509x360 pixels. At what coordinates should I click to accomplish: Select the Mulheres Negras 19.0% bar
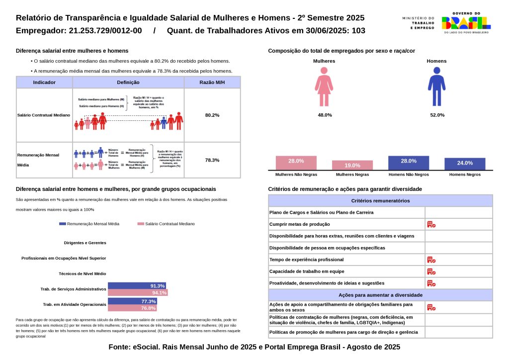[x=352, y=165]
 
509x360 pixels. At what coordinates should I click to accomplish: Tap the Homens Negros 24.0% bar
[x=465, y=164]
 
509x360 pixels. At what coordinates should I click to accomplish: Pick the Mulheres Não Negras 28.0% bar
[x=296, y=163]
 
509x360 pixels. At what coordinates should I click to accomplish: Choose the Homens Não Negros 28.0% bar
[x=409, y=163]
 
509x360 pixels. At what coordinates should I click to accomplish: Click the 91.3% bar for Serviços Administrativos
[x=137, y=286]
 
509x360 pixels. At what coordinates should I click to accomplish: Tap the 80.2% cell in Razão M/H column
[x=212, y=115]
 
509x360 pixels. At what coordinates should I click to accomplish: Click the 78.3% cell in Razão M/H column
[x=212, y=160]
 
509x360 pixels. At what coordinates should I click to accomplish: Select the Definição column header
[x=128, y=83]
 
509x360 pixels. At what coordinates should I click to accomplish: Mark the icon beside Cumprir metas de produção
[x=431, y=224]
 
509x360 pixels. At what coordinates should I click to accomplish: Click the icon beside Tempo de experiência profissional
[x=431, y=260]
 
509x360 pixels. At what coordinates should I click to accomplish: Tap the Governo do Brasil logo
[x=466, y=22]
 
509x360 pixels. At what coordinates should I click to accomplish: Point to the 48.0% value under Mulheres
[x=325, y=115]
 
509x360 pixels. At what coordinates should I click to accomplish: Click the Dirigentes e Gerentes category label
[x=85, y=243]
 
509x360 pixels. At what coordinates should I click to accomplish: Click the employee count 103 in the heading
[x=358, y=31]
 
